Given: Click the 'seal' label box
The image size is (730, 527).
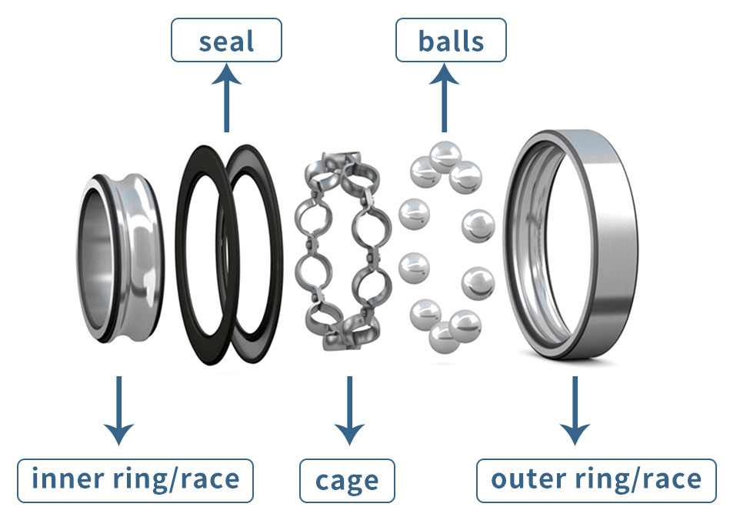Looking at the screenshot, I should coord(225,40).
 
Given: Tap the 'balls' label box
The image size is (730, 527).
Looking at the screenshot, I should coord(451,40).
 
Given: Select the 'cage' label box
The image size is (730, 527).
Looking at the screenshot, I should coord(346,481).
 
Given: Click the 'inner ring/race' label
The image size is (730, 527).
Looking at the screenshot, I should coord(135,480).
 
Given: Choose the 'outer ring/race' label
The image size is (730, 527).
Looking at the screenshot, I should coord(596,480).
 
